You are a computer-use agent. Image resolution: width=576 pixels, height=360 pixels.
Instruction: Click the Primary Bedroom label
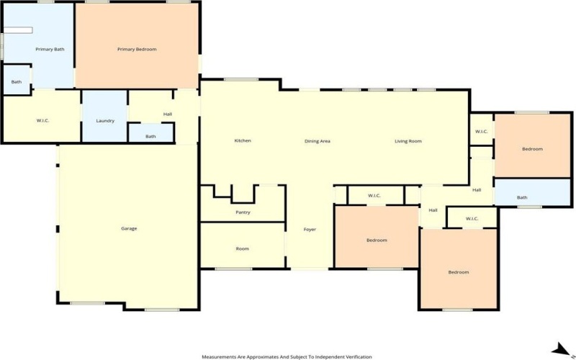[x=137, y=49]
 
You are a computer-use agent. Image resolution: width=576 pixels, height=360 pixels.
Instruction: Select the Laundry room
[x=105, y=120]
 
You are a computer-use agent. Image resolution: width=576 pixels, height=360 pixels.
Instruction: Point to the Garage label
[x=129, y=229]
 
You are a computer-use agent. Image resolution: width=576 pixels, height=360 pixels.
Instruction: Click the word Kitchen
[x=243, y=140]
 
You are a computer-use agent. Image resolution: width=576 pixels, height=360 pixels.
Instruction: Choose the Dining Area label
[x=317, y=140]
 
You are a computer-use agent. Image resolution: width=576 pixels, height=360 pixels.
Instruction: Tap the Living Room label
[x=408, y=140]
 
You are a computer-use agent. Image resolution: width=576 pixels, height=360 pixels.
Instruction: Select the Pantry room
[x=243, y=212]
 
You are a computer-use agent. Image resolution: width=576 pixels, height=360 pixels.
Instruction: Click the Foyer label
[x=310, y=230]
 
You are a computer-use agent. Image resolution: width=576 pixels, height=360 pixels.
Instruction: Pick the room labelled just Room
[x=243, y=248]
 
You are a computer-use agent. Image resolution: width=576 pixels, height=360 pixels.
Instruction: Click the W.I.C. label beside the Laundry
[x=42, y=120]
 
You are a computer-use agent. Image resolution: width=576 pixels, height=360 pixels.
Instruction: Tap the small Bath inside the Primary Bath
[x=17, y=82]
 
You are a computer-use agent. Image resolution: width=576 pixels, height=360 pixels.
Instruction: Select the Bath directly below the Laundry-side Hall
[x=150, y=136]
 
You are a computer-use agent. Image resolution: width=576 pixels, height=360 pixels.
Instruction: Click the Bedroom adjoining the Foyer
[x=377, y=240]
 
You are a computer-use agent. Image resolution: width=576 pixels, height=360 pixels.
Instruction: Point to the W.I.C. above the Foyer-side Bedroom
[x=374, y=196]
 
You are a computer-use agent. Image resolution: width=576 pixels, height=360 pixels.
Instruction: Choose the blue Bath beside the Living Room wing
[x=521, y=197]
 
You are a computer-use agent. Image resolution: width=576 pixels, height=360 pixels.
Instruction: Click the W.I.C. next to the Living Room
[x=482, y=132]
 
